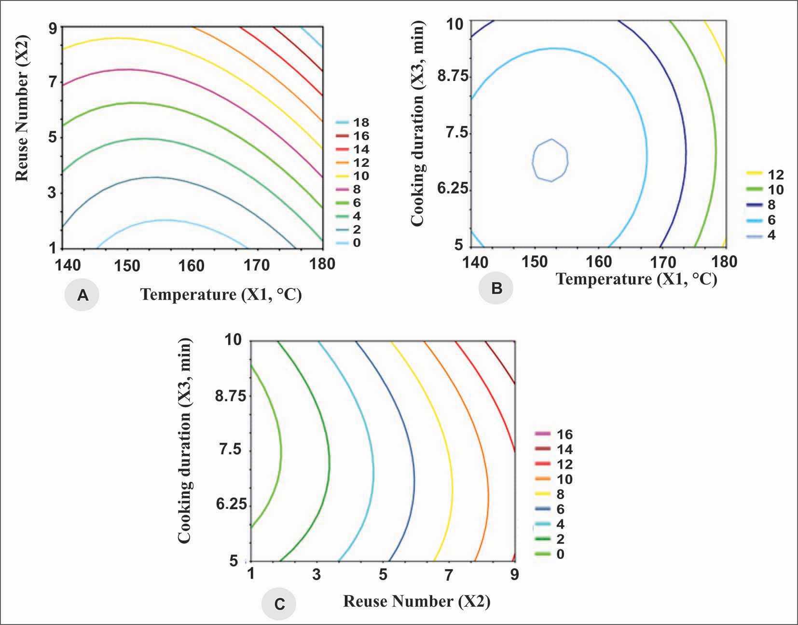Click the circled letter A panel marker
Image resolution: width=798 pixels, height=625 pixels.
coord(83,295)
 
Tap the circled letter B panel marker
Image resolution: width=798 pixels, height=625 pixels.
coord(496,288)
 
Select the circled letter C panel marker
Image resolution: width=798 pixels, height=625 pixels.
coord(279,604)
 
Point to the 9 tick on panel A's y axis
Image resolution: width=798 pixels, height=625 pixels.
coord(52,27)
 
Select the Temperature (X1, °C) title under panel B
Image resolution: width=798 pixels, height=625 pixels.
coord(636,279)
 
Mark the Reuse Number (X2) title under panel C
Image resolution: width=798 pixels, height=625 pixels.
coord(416,601)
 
